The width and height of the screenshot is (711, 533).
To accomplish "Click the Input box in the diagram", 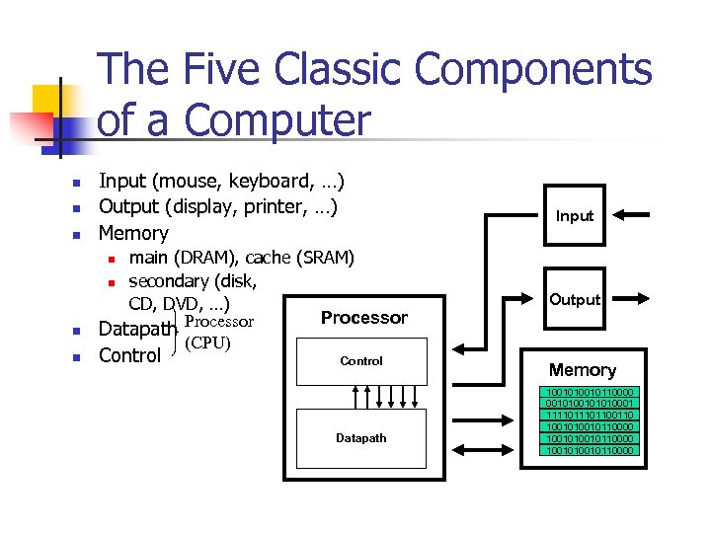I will coord(575,215).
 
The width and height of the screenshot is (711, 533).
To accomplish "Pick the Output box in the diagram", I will coord(575,299).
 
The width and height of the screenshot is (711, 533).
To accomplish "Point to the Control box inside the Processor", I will coord(361,361).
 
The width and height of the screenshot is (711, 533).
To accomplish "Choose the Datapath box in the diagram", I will coord(361,438).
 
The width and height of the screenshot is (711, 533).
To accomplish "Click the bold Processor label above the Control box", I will coord(363,318).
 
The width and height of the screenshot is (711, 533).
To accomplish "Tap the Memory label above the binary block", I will coord(582,370).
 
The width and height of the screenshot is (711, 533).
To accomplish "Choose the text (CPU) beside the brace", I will coord(207,343).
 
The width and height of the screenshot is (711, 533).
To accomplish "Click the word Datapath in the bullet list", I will coord(138,329).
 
